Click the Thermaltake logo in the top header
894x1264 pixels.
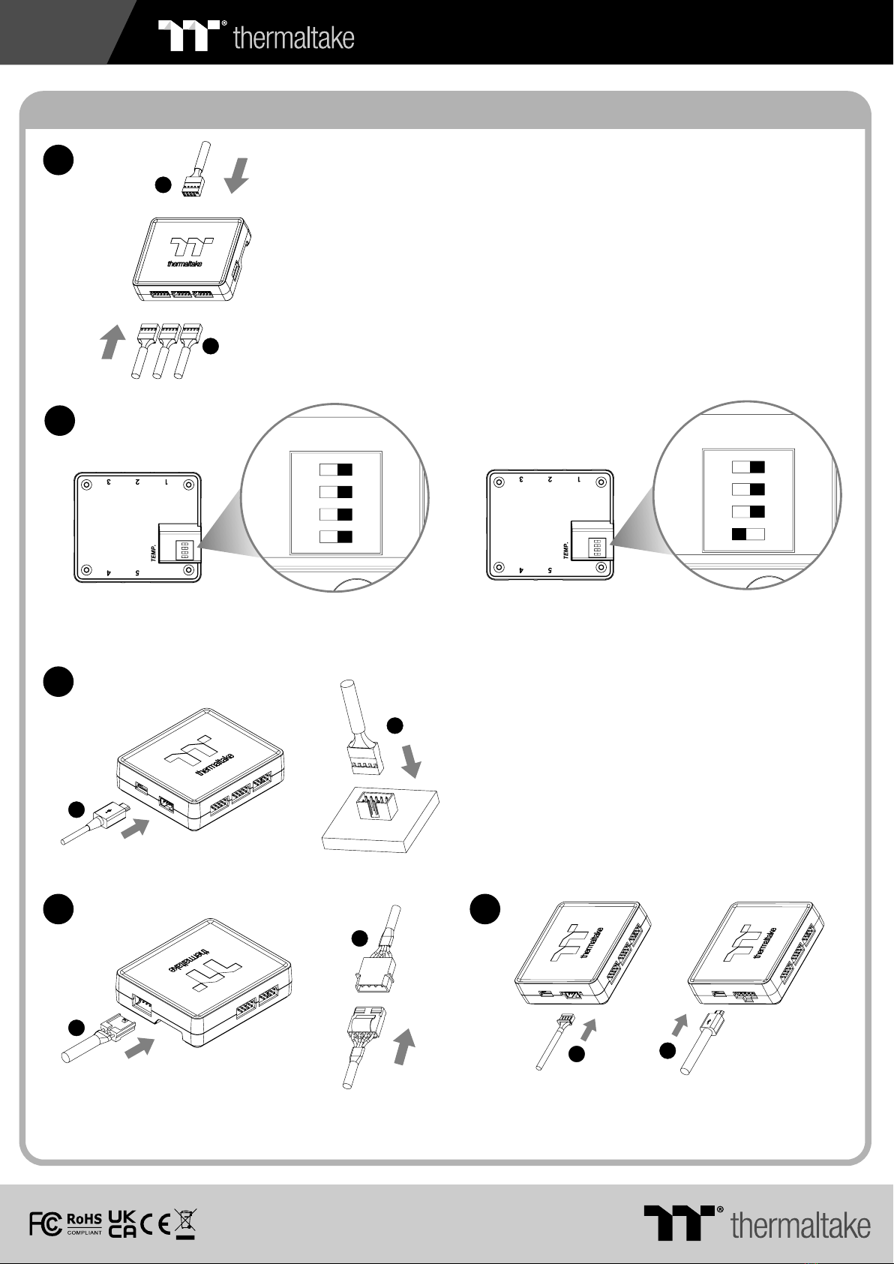click(256, 35)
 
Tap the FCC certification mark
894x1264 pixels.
click(46, 1224)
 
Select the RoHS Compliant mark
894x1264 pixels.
click(85, 1224)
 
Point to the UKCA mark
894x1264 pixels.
click(121, 1224)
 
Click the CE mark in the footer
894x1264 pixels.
click(156, 1224)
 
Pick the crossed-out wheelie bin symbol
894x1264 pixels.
click(185, 1224)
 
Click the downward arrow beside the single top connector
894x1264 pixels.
click(236, 176)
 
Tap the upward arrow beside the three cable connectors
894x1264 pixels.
click(112, 341)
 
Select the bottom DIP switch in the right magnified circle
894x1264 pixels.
click(748, 534)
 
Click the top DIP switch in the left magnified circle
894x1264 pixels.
click(335, 470)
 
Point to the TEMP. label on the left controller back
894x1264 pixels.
click(154, 551)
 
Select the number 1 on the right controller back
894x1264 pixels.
click(579, 479)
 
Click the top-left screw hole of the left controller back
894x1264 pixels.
click(86, 485)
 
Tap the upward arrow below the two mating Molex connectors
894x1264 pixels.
click(403, 1046)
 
